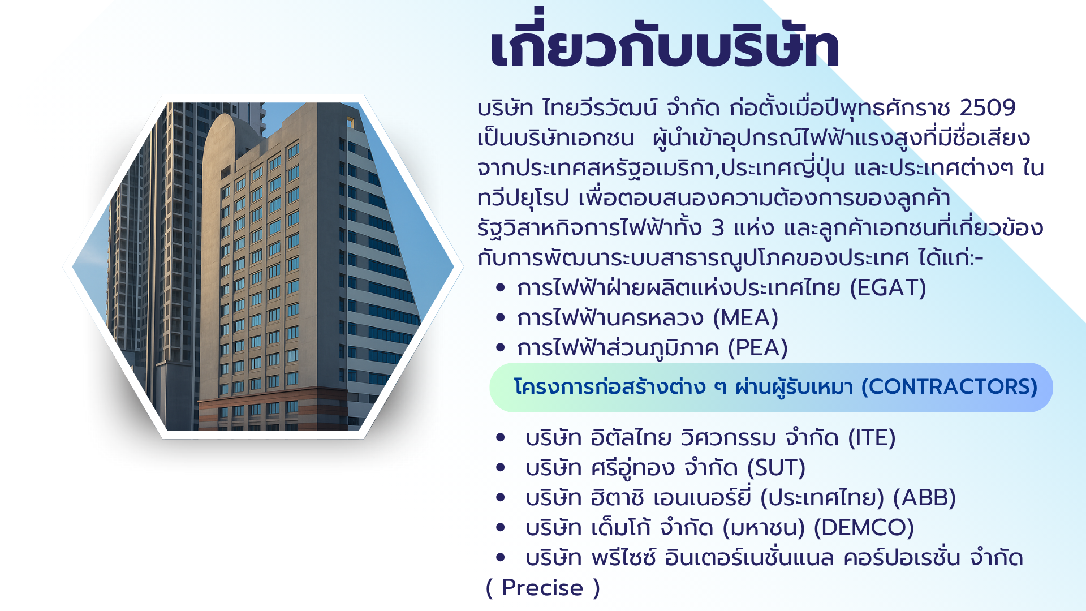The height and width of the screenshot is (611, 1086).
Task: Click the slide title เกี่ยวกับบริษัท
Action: (665, 41)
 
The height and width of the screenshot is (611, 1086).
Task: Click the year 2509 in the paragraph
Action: (988, 107)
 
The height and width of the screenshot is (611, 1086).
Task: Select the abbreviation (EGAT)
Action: (888, 288)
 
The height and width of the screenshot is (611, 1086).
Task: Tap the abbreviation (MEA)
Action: (745, 318)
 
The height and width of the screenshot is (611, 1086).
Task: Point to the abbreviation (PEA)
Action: (757, 348)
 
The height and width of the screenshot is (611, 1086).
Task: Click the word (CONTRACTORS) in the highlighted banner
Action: (949, 387)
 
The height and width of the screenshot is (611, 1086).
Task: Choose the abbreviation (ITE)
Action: (872, 438)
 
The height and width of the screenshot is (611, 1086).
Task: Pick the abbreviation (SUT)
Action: (776, 468)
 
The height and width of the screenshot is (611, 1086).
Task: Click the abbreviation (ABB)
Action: (924, 498)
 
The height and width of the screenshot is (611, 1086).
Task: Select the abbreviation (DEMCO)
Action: (864, 528)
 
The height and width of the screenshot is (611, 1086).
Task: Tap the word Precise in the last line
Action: (542, 588)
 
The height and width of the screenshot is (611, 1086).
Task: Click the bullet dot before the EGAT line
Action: (500, 287)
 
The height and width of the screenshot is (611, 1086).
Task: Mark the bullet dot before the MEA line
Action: (500, 317)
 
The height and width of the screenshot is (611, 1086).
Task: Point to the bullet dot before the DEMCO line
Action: (500, 528)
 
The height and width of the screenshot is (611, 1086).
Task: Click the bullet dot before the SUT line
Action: (500, 468)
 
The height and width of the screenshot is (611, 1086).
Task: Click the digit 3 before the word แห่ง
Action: (718, 228)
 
